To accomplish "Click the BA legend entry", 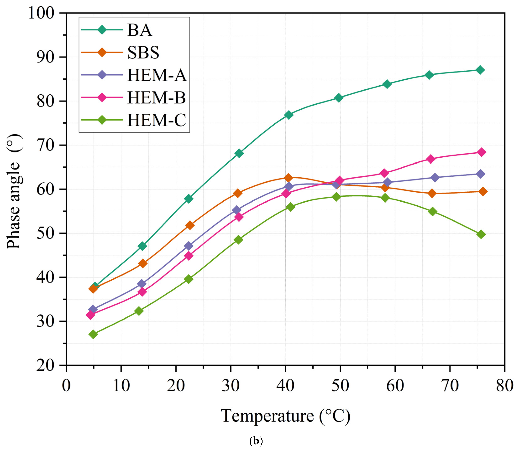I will coord(140,30).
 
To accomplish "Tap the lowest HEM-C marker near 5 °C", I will coord(93,334).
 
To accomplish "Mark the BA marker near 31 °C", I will coord(239,153).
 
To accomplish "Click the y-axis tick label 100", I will coord(41,13).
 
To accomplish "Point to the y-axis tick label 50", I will coord(45,233).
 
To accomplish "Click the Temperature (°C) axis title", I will coord(285,416).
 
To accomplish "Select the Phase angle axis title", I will coord(14,192).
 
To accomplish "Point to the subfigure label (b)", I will coord(256,441).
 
